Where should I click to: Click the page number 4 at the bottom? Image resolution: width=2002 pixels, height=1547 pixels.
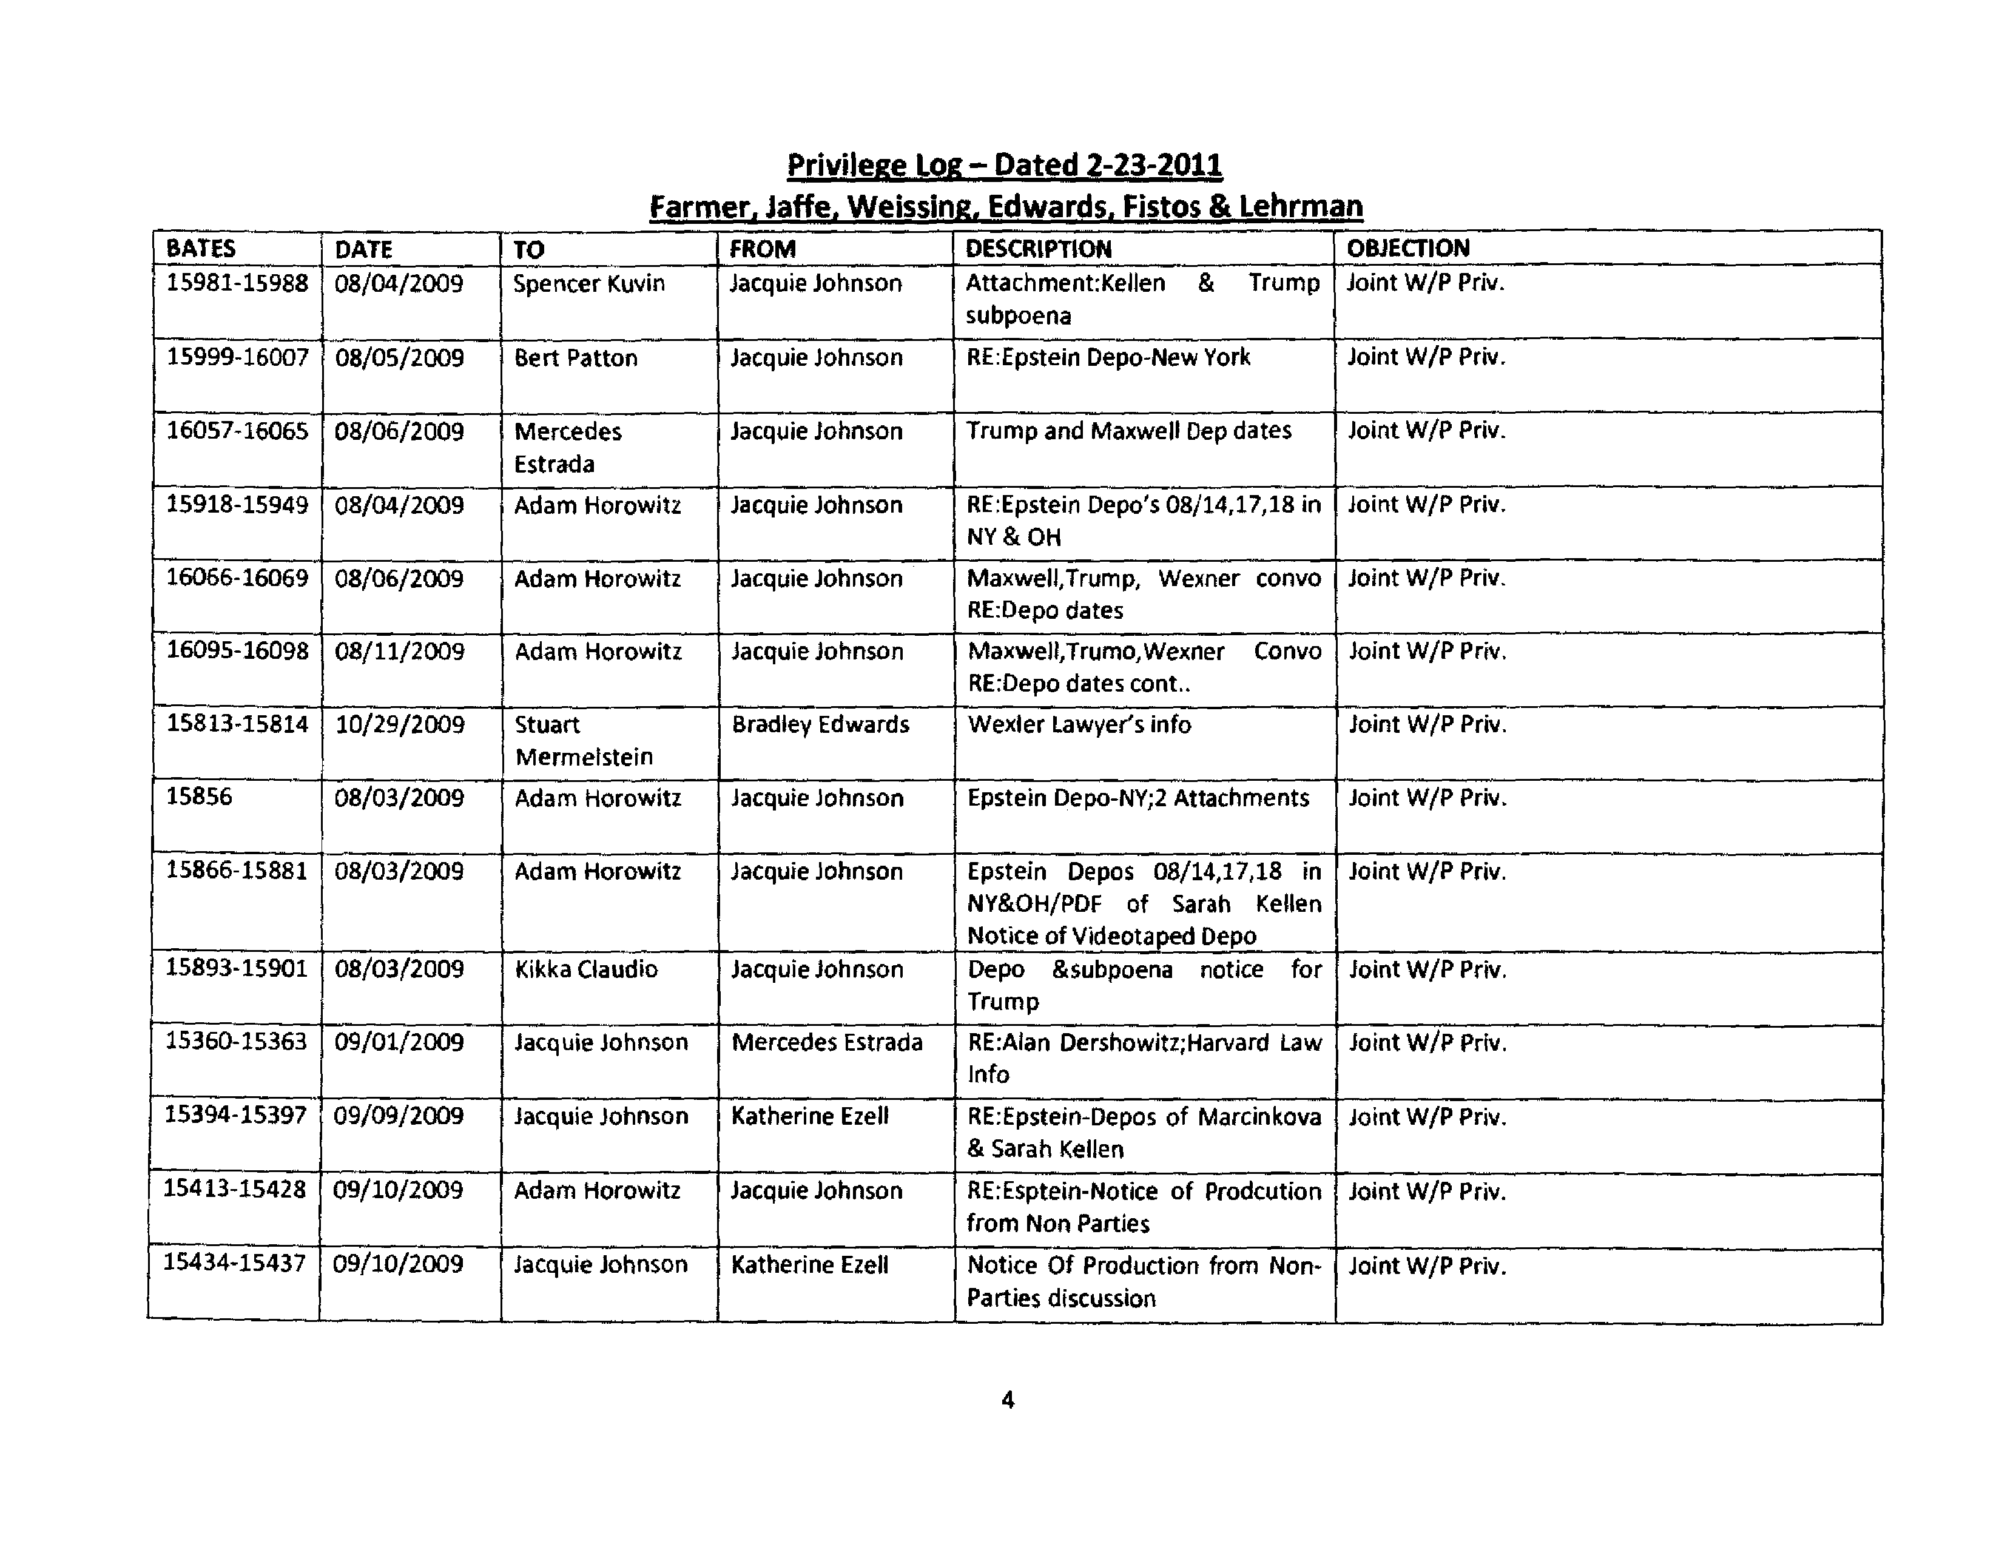click(1008, 1400)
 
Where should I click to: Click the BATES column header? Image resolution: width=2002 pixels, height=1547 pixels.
click(201, 248)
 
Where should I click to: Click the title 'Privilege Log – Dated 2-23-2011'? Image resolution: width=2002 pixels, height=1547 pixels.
click(1004, 165)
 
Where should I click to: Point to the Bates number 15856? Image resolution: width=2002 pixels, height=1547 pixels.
click(199, 797)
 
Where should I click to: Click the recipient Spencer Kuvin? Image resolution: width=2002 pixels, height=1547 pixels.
click(588, 283)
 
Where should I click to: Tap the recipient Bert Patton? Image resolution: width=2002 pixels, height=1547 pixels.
click(576, 357)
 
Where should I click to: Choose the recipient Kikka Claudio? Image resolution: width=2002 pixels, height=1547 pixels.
click(586, 969)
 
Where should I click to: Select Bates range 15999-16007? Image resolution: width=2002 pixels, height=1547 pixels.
click(237, 357)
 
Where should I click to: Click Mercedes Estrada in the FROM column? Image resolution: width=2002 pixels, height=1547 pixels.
click(827, 1042)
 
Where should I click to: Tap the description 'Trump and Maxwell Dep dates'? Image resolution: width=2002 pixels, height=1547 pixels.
click(1128, 431)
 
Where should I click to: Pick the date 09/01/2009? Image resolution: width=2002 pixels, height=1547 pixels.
click(399, 1042)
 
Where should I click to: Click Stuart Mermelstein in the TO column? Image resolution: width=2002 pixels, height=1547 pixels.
click(584, 741)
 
